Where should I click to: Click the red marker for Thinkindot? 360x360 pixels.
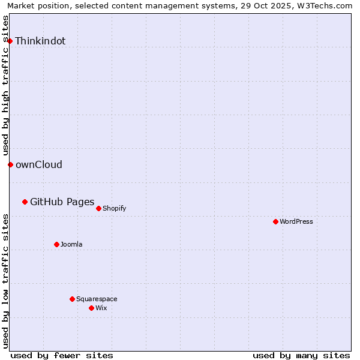pyautogui.click(x=10, y=41)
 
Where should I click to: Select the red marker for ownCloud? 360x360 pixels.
pyautogui.click(x=10, y=164)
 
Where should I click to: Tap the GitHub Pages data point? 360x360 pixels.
pyautogui.click(x=25, y=202)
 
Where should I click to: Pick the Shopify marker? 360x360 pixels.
pyautogui.click(x=98, y=208)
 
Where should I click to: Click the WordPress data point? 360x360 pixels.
pyautogui.click(x=275, y=221)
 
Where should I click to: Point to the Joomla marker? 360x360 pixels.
pyautogui.click(x=56, y=244)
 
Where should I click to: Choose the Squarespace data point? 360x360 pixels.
pyautogui.click(x=72, y=299)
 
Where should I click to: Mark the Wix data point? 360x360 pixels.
pyautogui.click(x=91, y=308)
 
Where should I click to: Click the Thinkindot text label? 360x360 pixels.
pyautogui.click(x=40, y=41)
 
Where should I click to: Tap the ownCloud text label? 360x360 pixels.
pyautogui.click(x=39, y=165)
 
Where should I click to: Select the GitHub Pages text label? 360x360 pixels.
pyautogui.click(x=62, y=202)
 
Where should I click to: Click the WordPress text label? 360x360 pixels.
pyautogui.click(x=296, y=221)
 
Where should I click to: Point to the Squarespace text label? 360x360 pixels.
pyautogui.click(x=97, y=299)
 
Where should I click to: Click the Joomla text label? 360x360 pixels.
pyautogui.click(x=71, y=244)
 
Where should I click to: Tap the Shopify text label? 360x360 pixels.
pyautogui.click(x=114, y=208)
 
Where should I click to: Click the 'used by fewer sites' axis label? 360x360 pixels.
pyautogui.click(x=62, y=355)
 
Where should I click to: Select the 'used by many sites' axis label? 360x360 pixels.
pyautogui.click(x=301, y=355)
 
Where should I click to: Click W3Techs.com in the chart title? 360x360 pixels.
pyautogui.click(x=322, y=6)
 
